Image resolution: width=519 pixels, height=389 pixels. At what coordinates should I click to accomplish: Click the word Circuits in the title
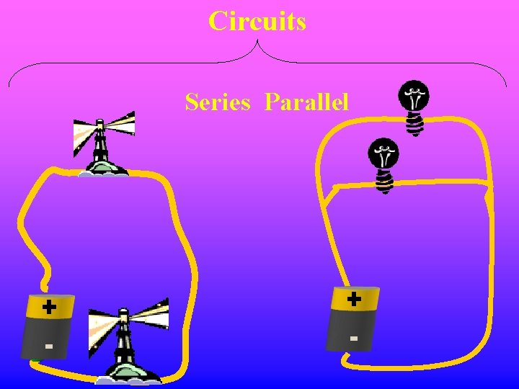point(257,22)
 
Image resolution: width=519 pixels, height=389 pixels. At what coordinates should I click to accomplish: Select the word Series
point(217,102)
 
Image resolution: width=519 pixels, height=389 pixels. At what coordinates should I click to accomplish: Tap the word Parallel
point(306,102)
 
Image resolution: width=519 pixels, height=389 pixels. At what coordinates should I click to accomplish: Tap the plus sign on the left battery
point(48,308)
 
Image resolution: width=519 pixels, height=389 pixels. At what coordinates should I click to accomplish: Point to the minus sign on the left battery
point(48,346)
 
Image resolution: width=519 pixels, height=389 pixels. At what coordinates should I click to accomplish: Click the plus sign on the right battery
point(354,298)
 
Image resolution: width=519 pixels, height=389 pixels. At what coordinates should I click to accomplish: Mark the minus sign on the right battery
point(353,337)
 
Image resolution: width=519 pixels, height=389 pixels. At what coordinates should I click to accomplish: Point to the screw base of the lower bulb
point(384,183)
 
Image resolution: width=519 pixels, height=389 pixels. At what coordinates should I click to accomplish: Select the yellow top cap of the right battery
point(355,298)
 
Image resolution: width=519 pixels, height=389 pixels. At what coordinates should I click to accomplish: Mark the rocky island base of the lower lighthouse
point(130,373)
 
